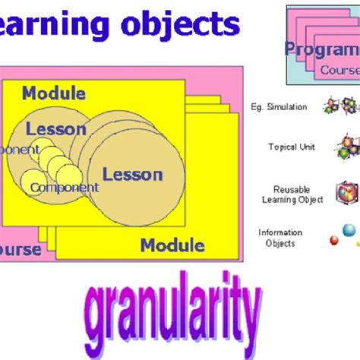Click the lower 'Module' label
point(172,245)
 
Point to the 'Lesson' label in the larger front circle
point(132,174)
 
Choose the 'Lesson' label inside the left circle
point(55,129)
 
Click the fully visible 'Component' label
point(65,188)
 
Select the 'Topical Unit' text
point(292,147)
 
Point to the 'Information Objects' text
point(280,238)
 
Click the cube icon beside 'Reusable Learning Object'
point(347,193)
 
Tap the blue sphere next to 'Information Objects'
point(348,230)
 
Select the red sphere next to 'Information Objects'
point(333,242)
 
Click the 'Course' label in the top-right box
point(339,70)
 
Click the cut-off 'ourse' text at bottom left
point(21,250)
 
